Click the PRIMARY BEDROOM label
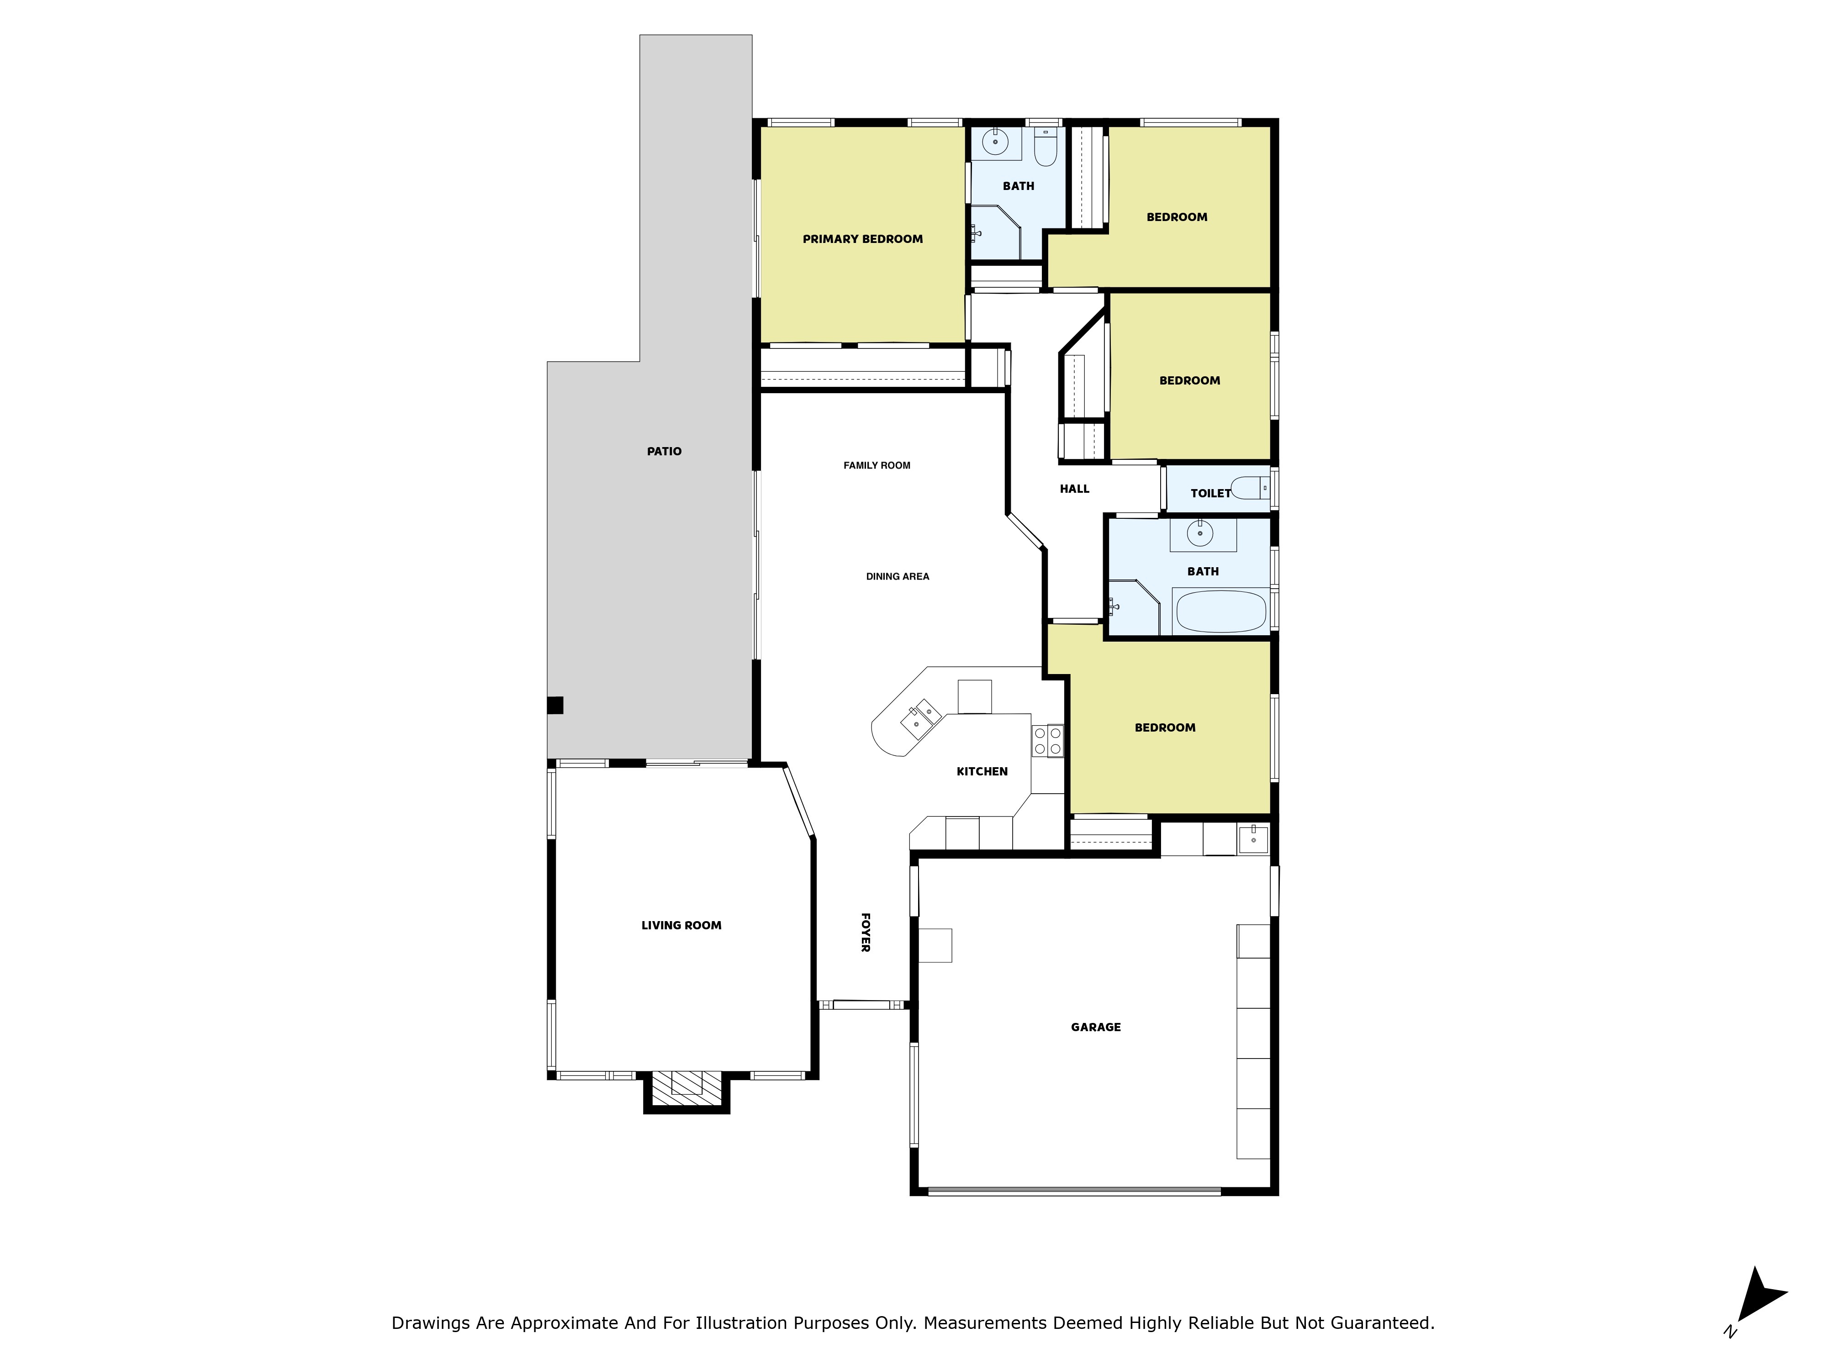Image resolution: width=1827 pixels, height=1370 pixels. click(862, 239)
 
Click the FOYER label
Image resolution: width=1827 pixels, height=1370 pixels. click(865, 933)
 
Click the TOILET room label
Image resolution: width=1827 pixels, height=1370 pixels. click(1210, 494)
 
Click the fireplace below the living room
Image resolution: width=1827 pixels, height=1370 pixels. click(686, 1088)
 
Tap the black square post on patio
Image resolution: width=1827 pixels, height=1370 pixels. click(555, 705)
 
